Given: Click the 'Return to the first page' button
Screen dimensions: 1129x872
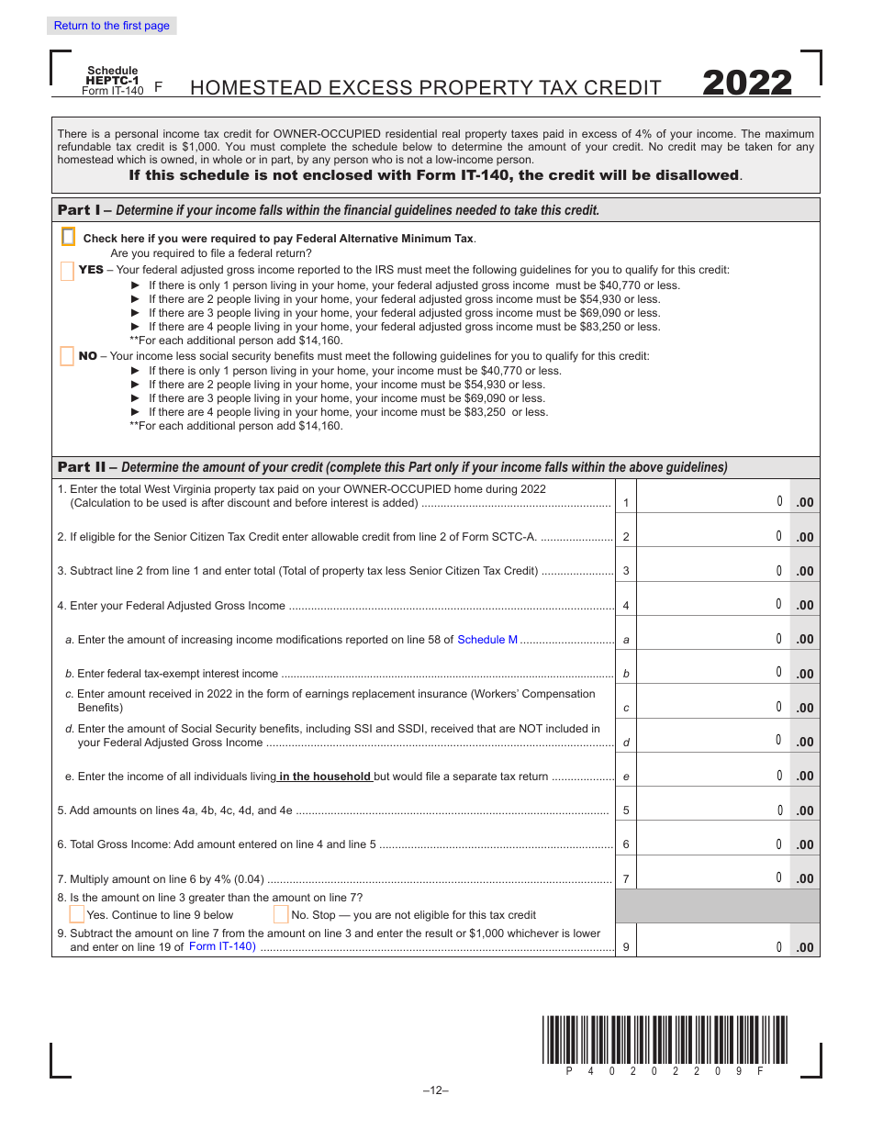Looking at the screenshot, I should click(111, 26).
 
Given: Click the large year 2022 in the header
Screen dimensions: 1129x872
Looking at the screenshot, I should click(747, 84).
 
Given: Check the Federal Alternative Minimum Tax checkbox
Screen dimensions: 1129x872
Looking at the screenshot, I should click(68, 238).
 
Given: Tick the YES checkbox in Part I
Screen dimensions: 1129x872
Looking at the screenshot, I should click(66, 270).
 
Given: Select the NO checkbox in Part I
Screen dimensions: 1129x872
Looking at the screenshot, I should click(66, 356).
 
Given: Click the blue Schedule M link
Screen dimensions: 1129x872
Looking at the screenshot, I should click(487, 640).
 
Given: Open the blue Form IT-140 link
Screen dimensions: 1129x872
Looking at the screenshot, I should click(222, 946).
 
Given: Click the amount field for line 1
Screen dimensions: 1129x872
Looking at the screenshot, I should click(712, 501).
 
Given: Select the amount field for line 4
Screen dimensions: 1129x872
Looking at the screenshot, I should click(712, 604).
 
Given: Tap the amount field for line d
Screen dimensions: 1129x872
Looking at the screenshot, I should click(712, 740).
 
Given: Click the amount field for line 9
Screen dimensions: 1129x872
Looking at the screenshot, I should click(712, 946).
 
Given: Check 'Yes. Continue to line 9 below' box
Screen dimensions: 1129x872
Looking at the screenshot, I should click(77, 914).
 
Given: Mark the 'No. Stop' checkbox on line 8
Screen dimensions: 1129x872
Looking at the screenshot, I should click(281, 914).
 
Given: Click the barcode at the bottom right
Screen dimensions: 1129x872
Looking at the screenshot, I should click(665, 1039).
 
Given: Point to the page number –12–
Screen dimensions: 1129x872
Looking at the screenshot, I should click(435, 1090).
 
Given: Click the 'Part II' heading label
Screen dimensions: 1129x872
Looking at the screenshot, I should click(82, 467).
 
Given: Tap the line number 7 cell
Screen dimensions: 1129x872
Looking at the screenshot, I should click(626, 879).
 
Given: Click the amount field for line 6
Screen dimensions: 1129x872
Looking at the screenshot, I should click(712, 844).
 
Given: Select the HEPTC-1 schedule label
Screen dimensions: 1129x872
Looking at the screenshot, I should click(111, 81).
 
